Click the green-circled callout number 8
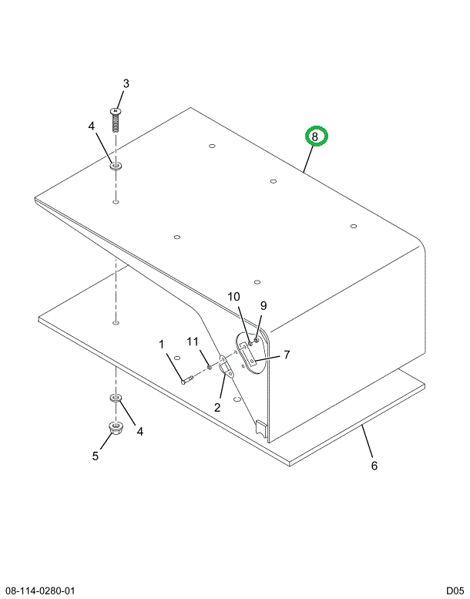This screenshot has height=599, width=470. pos(315,136)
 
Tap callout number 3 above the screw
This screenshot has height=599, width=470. pos(126,83)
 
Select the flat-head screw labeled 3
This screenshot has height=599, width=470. pos(116,119)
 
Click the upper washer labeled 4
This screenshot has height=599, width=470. pos(116,166)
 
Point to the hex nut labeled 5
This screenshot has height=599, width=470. pos(115,428)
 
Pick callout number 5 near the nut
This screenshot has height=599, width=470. pos(96,456)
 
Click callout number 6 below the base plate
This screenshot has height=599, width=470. pos(374,466)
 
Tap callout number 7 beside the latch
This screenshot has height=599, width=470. pos(287,355)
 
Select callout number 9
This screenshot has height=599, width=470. pos(264,305)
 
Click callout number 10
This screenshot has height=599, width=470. pos(234,297)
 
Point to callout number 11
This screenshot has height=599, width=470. pos(193,342)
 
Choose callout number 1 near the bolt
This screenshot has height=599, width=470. pos(162,344)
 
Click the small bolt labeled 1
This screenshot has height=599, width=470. pos(187,380)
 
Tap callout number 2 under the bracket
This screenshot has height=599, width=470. pos(217,407)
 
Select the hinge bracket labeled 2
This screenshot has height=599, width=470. pos(226,367)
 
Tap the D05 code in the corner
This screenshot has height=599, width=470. pos(455,591)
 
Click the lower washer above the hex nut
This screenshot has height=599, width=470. pos(116,398)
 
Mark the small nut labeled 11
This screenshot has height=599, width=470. pos(210,367)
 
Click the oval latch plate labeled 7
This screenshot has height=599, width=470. pos(250,352)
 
